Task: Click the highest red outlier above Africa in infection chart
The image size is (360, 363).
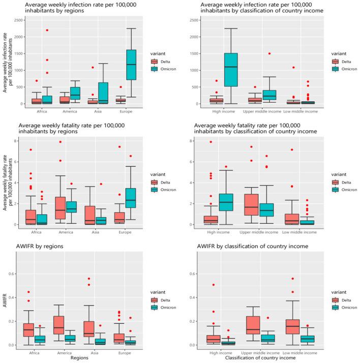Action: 47,30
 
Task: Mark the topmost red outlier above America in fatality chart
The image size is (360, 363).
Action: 60,142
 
